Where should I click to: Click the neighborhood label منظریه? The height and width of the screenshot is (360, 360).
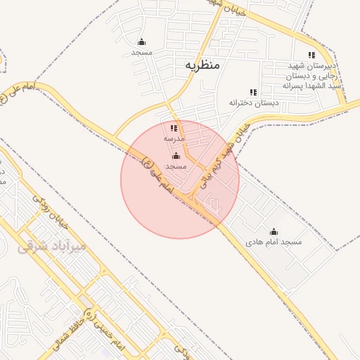point(202,65)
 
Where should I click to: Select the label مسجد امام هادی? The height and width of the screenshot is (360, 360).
point(274,242)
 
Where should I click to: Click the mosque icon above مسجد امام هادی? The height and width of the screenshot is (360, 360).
point(274,231)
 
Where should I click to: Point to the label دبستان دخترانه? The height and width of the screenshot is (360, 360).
point(253,103)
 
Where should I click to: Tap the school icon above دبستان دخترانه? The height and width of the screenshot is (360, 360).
point(253,92)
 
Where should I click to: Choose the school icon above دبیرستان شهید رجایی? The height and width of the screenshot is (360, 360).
point(311,55)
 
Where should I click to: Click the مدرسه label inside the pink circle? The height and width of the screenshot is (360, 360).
point(174,139)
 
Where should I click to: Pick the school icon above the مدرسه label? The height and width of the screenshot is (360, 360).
point(174,128)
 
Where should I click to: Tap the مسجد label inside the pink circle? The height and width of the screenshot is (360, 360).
point(176,166)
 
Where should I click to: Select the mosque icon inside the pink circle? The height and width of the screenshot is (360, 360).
point(176,155)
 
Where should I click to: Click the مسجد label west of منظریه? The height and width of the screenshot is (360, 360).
point(142,52)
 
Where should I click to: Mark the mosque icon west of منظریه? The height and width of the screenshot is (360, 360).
point(142,41)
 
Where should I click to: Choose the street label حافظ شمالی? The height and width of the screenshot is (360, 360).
point(69,330)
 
